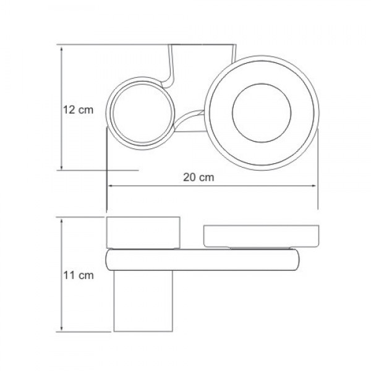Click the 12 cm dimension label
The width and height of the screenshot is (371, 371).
(x=78, y=109)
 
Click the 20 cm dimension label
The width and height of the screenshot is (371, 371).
(x=198, y=177)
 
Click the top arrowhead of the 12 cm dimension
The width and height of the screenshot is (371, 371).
(x=62, y=47)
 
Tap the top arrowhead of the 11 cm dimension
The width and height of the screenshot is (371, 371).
(x=62, y=220)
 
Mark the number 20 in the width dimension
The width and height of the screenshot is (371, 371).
(x=191, y=177)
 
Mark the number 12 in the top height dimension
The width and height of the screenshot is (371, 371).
(x=70, y=109)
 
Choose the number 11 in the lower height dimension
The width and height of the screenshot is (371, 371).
(x=70, y=276)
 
